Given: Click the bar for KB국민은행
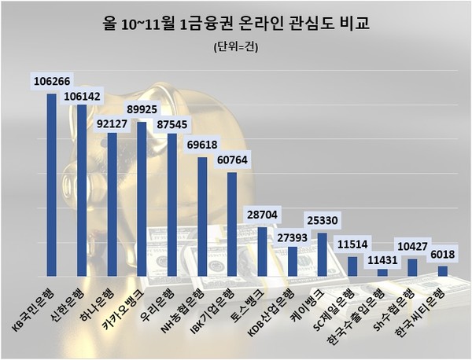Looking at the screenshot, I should click(x=52, y=185).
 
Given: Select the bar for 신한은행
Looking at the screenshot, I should click(x=82, y=190).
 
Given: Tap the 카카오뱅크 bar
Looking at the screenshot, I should click(x=142, y=199).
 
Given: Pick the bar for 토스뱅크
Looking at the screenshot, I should click(x=262, y=252).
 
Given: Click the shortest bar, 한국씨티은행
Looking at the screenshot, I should click(x=443, y=271).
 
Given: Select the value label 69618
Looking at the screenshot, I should click(x=203, y=145).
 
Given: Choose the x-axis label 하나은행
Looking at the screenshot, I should click(x=101, y=303).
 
